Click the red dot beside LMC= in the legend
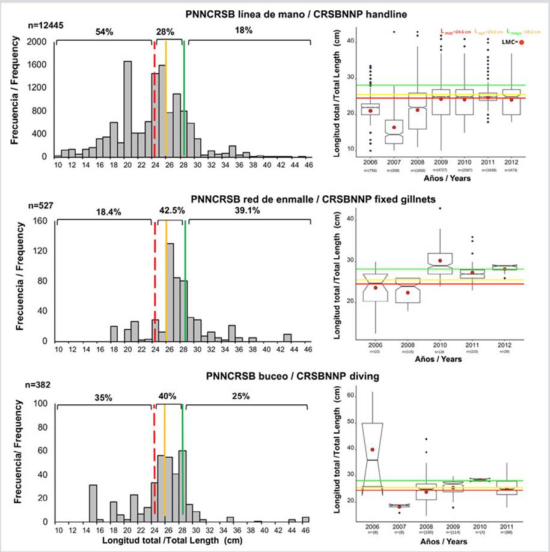click(522, 42)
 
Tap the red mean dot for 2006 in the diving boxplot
click(373, 449)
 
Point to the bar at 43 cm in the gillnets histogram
click(287, 338)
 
